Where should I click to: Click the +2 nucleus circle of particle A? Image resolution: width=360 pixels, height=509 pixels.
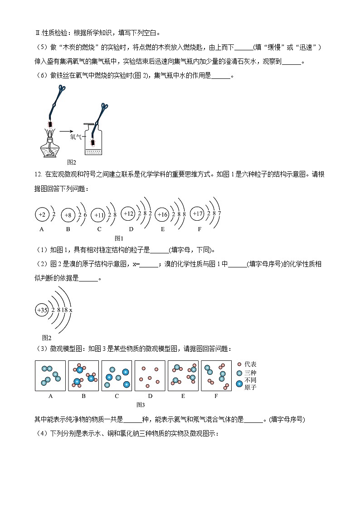42,214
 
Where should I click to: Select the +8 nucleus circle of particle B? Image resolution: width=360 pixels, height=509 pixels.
68,215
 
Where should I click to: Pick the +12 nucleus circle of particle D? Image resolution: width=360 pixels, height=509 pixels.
128,213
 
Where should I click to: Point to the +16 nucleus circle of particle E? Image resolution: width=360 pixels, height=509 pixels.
162,215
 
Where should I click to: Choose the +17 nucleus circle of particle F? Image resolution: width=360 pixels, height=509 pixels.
197,213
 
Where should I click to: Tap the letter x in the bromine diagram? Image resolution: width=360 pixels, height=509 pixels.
71,310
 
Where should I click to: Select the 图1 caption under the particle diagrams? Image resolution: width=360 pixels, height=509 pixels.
119,238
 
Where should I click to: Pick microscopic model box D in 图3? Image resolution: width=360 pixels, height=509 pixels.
150,376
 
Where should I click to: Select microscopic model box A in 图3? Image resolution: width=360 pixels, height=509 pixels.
50,376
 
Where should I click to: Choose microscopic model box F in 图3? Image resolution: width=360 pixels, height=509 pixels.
216,376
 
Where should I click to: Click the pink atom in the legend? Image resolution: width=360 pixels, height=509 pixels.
239,364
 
